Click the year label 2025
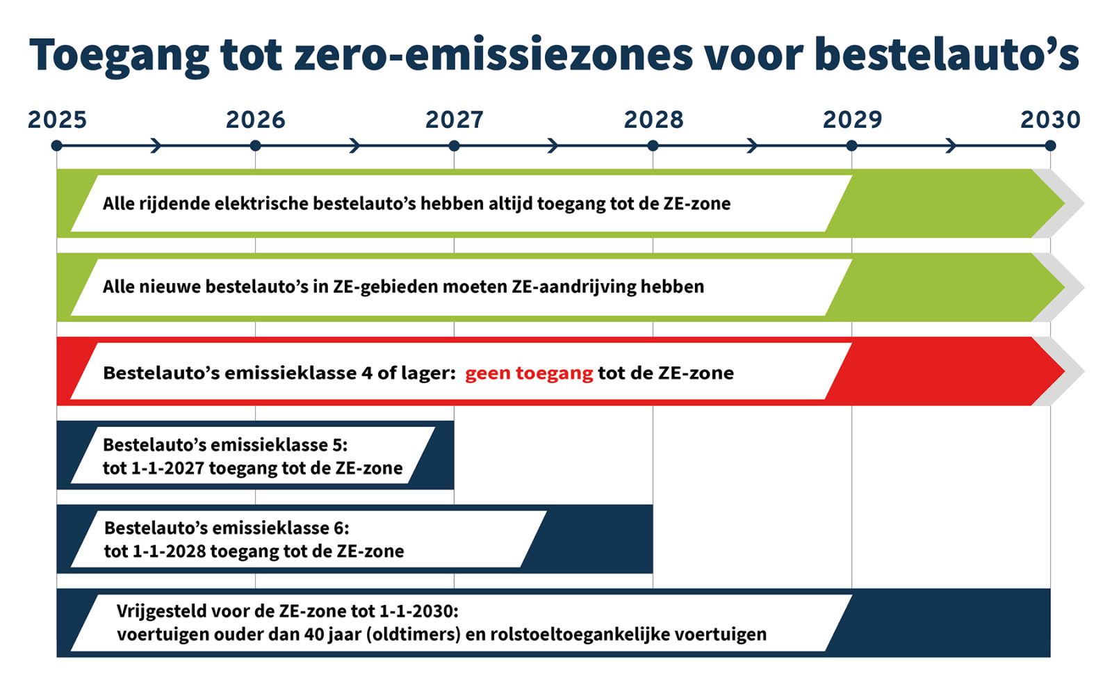point(57,120)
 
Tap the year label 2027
point(455,120)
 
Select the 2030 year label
point(1050,120)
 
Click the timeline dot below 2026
point(255,146)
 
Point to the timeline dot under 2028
point(653,146)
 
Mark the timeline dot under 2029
point(851,146)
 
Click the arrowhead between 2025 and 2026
point(157,146)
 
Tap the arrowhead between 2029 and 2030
point(951,146)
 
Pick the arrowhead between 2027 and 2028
point(554,146)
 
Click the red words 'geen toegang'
point(529,373)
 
